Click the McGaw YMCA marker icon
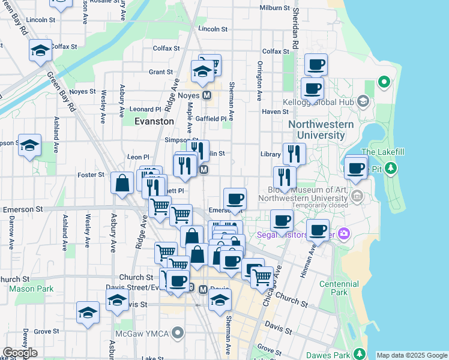coord(177,332)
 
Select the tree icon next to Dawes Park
coord(359,354)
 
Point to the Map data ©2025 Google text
coord(412,355)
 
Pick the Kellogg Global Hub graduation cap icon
coord(363,100)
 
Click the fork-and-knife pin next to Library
coord(294,153)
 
